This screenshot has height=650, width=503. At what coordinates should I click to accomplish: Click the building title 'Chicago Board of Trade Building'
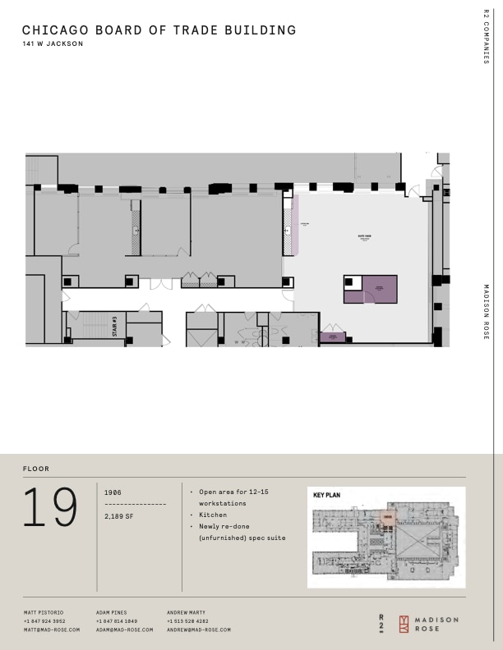click(159, 30)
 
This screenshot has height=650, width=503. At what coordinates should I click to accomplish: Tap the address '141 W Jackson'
click(53, 44)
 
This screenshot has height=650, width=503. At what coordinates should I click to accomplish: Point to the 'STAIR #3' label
click(115, 326)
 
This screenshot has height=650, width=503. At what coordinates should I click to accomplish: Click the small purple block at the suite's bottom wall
click(333, 336)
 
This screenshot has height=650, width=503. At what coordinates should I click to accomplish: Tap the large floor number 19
click(51, 508)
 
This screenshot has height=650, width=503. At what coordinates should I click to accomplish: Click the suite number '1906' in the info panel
click(113, 492)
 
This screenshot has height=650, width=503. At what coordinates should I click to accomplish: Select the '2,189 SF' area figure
click(120, 516)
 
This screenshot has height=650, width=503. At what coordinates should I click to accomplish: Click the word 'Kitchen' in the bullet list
click(213, 515)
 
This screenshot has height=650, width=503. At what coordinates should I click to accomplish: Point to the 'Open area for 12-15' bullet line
click(233, 492)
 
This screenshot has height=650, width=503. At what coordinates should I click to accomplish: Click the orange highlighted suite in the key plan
click(387, 517)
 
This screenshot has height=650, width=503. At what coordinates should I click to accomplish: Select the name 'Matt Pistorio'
click(44, 612)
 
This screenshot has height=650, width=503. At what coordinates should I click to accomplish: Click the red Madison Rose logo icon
click(404, 624)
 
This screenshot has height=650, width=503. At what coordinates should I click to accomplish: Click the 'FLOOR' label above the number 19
click(36, 469)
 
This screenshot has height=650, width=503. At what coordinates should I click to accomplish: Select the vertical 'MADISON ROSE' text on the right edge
click(487, 312)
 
